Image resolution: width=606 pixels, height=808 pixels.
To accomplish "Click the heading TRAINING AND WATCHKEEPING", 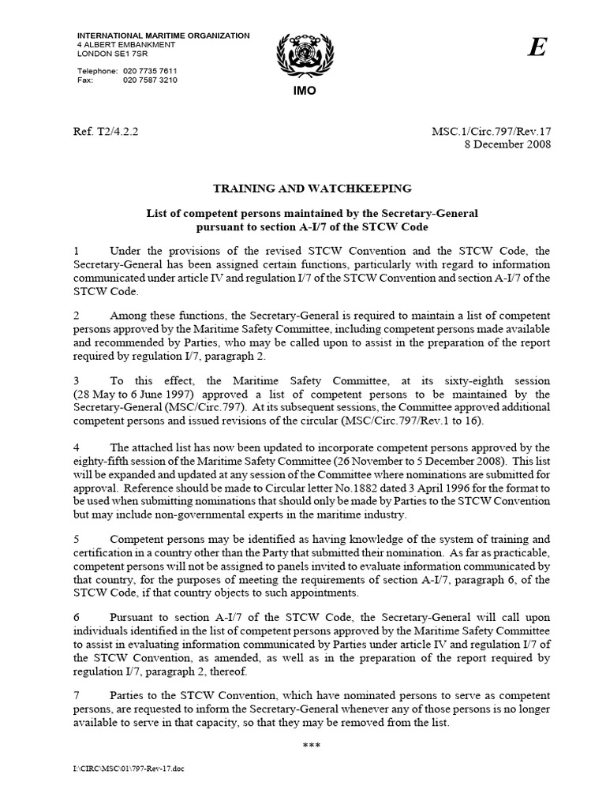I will pyautogui.click(x=312, y=189).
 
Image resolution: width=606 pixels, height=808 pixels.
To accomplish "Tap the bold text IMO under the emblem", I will pyautogui.click(x=304, y=92).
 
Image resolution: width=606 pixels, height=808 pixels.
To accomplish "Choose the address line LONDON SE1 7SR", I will pyautogui.click(x=110, y=54).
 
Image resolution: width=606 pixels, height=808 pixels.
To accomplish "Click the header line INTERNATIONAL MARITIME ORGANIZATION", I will pyautogui.click(x=163, y=36).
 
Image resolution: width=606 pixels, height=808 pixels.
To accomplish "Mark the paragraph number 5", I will pyautogui.click(x=76, y=540).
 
